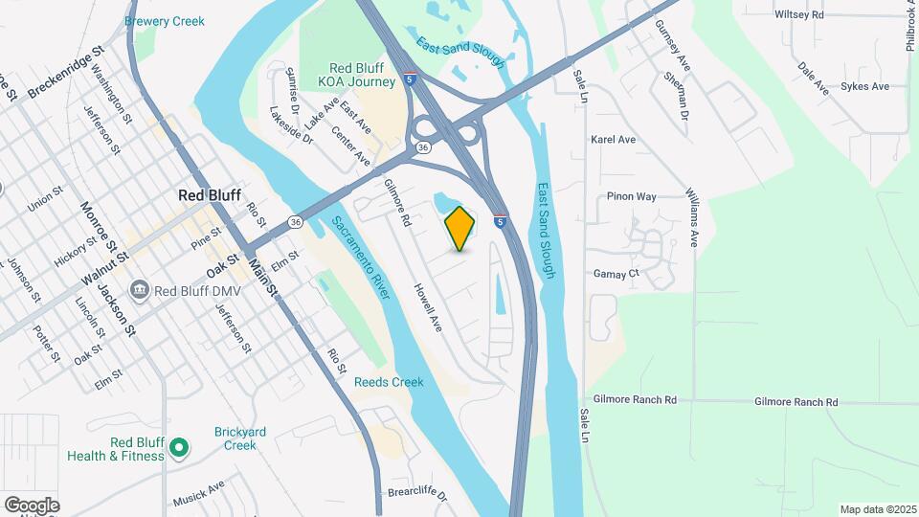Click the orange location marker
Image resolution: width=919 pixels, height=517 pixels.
(460, 228)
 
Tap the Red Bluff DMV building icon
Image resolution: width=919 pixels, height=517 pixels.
(139, 289)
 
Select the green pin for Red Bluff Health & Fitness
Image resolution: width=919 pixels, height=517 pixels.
(178, 447)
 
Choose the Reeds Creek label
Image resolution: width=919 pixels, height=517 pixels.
(389, 382)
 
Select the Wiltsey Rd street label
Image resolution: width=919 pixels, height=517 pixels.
(799, 15)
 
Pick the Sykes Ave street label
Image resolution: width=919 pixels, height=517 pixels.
(864, 86)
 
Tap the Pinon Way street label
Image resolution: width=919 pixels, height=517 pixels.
(632, 196)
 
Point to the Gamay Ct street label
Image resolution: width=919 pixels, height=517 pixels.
(616, 274)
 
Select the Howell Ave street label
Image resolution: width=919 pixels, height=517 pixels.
(428, 307)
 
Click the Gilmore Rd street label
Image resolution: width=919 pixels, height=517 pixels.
(397, 202)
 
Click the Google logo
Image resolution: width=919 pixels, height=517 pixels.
(32, 505)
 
